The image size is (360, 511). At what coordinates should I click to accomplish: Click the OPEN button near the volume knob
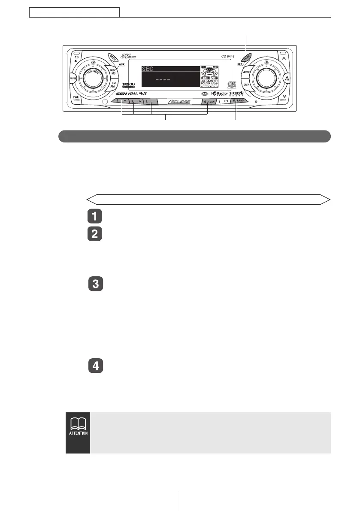[101, 58]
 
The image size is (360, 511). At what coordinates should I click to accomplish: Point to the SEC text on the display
[148, 69]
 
